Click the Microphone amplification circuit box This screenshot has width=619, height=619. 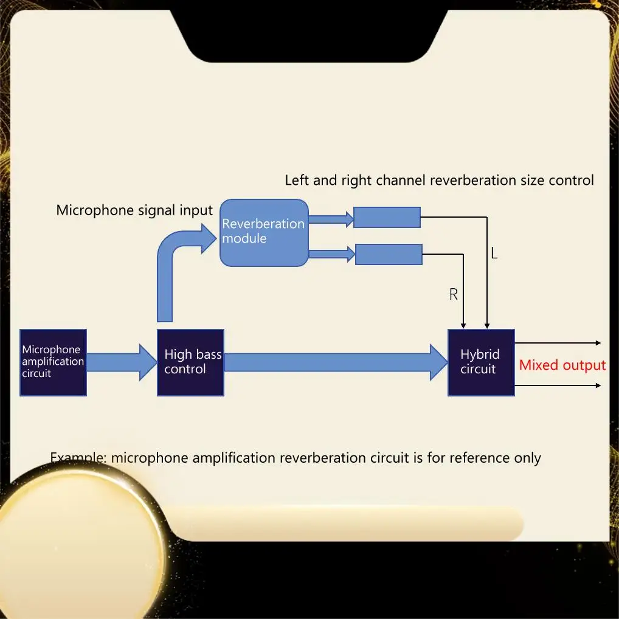(53, 362)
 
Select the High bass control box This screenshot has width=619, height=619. (190, 362)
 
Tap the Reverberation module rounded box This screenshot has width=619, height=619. (264, 232)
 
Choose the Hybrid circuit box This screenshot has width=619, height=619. (481, 362)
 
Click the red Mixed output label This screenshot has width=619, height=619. (562, 365)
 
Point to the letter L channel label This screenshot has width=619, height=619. (494, 254)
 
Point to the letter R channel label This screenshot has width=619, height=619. (453, 295)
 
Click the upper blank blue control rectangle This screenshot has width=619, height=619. (387, 217)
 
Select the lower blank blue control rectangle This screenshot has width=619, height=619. (389, 254)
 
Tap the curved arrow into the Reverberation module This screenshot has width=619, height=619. (173, 261)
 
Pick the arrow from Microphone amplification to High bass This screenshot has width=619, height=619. (122, 362)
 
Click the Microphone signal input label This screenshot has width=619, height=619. (134, 210)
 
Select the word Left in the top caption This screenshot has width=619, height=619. (297, 180)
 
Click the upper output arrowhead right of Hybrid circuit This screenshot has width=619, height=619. (598, 343)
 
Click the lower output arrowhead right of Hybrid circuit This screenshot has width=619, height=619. (598, 386)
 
